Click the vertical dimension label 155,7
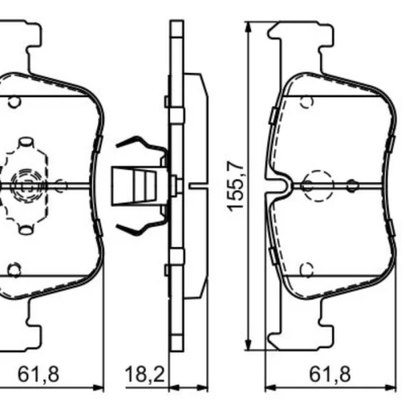click(x=236, y=187)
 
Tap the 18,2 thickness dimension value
click(x=145, y=374)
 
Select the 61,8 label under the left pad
click(x=38, y=374)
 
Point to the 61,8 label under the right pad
click(x=330, y=374)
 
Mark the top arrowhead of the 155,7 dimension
click(x=249, y=29)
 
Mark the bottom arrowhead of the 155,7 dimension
click(x=249, y=343)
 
